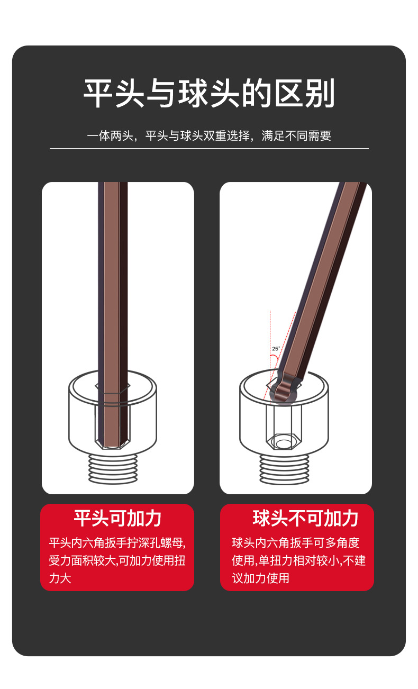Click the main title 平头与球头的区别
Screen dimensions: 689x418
pos(209,94)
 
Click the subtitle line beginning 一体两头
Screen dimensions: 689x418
pos(209,135)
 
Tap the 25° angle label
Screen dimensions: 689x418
pos(276,349)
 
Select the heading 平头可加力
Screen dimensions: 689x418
pos(117,519)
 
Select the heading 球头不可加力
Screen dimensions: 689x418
pos(305,519)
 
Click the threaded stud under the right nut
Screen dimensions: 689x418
pos(284,468)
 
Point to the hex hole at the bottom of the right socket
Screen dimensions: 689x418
pos(284,442)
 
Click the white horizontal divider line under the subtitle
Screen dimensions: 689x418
pos(209,149)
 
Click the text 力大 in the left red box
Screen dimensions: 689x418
pos(60,578)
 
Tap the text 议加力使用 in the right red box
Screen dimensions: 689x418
pos(260,578)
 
